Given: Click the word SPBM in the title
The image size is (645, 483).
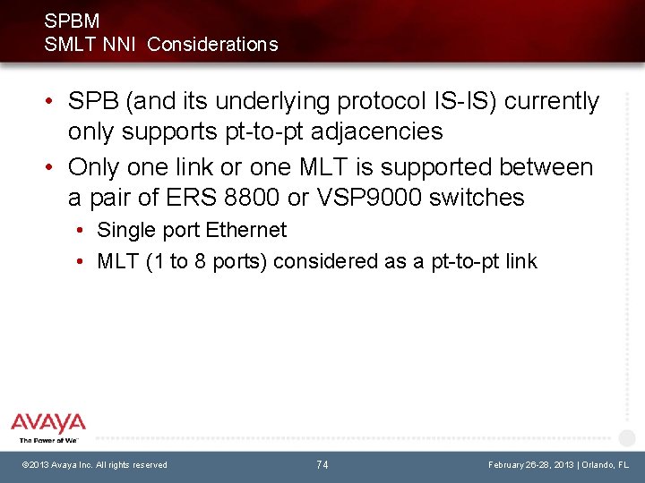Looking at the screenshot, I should [x=72, y=21].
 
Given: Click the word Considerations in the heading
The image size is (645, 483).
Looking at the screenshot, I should [x=212, y=44].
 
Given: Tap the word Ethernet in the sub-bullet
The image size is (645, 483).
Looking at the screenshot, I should [x=246, y=230].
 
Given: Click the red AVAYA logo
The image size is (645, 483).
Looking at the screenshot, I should [x=48, y=423].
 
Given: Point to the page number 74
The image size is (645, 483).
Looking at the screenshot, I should [x=322, y=464].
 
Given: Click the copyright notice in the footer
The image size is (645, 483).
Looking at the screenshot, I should [x=94, y=465].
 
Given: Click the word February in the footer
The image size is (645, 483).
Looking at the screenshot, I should [x=510, y=465].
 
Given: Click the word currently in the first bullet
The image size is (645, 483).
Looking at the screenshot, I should [x=552, y=101].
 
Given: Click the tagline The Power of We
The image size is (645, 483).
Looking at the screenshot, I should [x=48, y=440].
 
